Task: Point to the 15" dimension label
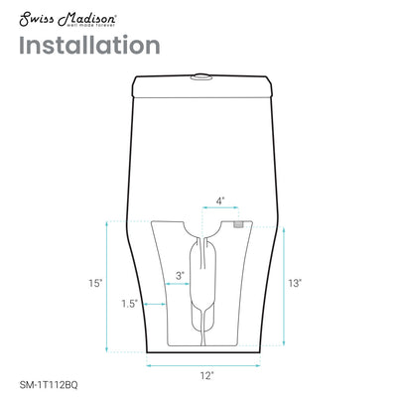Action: pos(94,284)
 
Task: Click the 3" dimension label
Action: pos(180,275)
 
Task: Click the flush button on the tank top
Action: pos(203,72)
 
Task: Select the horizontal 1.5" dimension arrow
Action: pos(150,303)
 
